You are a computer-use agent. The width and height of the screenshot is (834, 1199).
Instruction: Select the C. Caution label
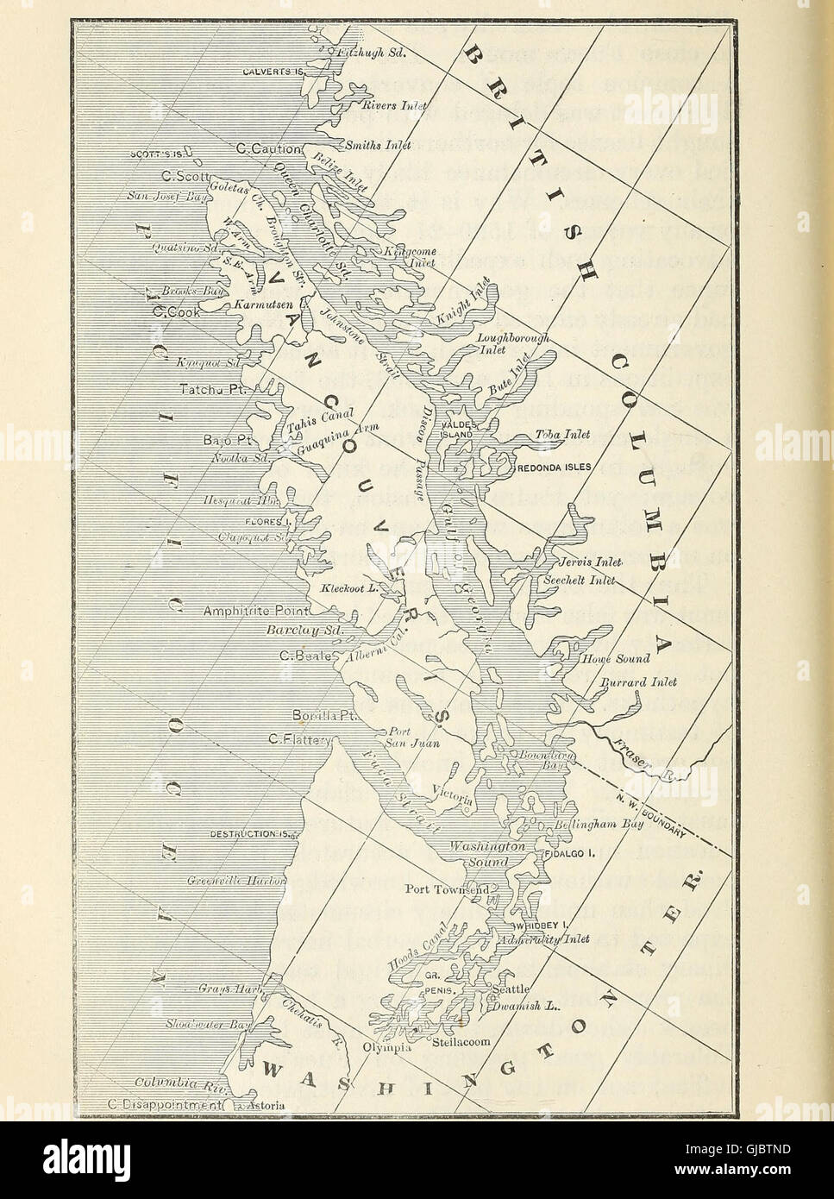(268, 149)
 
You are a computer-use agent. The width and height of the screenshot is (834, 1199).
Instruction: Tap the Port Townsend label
(447, 888)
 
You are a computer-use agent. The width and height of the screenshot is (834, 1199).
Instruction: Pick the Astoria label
(264, 1105)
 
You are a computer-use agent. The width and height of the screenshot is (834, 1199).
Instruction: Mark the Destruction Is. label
(253, 834)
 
